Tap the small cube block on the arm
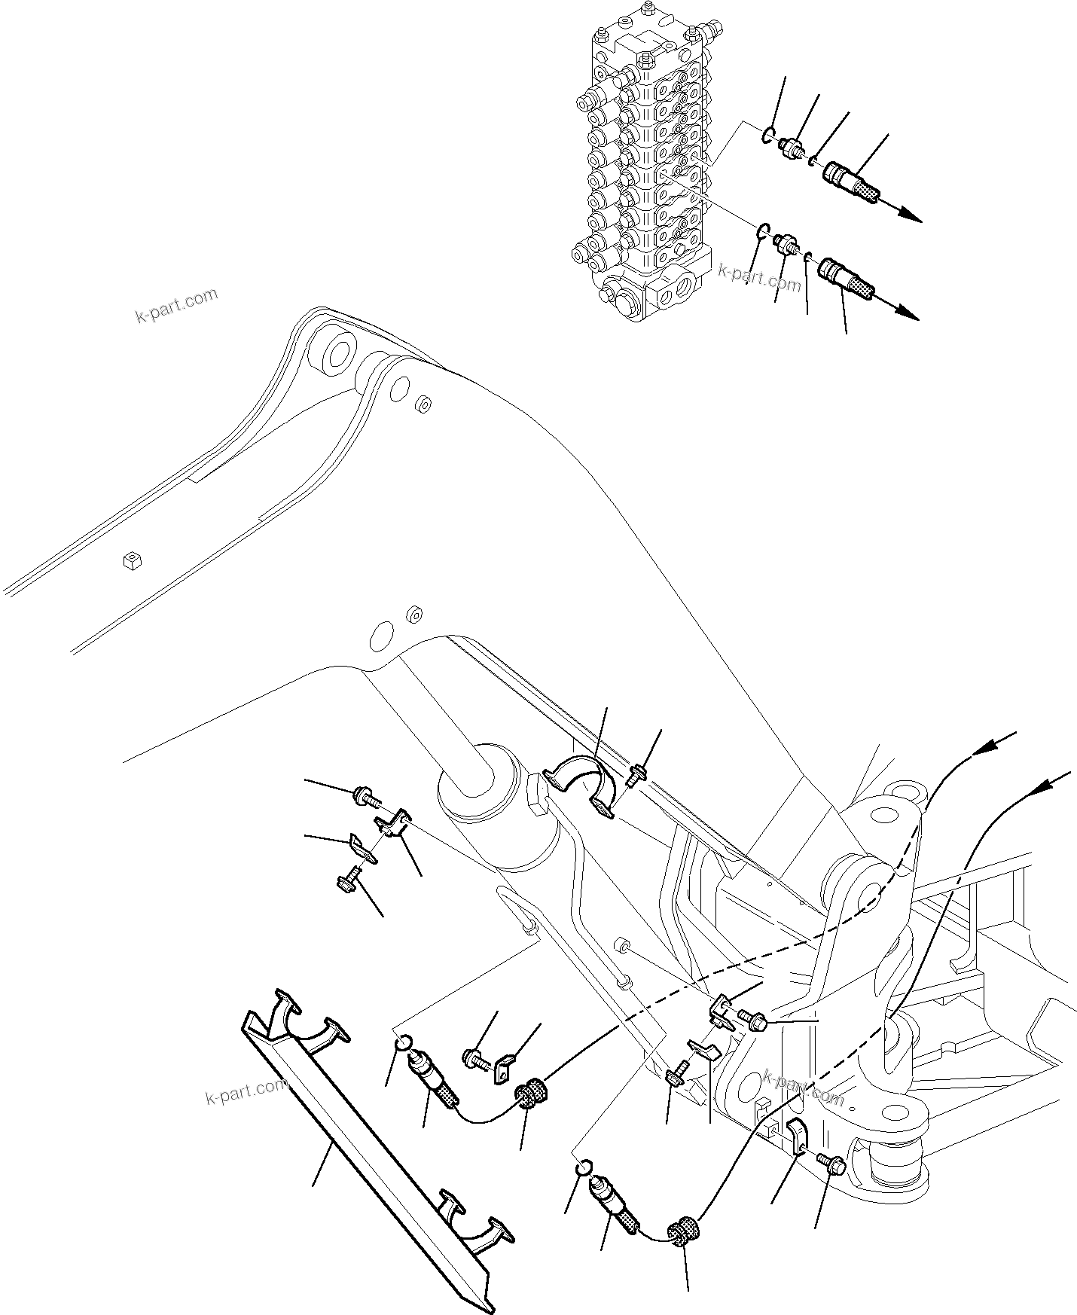(132, 560)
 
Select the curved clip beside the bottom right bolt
(799, 1150)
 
